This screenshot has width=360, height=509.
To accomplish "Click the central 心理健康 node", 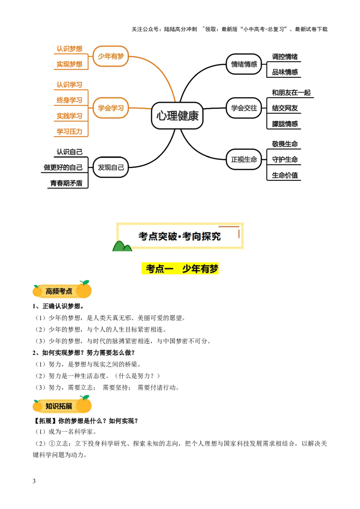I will click(x=177, y=116).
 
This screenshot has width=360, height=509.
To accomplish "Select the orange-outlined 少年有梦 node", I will click(x=111, y=56).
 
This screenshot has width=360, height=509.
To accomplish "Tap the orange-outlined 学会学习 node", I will click(x=111, y=108).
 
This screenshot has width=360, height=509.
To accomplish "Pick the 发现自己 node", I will click(x=111, y=167).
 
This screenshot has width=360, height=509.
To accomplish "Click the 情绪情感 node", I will click(x=244, y=64).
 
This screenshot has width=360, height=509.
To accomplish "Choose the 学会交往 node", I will click(x=244, y=108).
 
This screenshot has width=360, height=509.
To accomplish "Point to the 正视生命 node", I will click(x=244, y=159).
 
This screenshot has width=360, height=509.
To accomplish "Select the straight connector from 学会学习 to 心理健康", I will click(x=140, y=108).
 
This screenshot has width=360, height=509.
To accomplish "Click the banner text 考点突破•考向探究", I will click(x=180, y=236).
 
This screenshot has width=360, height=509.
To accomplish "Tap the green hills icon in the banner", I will click(x=122, y=246).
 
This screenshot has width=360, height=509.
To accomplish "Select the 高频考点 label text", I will click(x=59, y=291).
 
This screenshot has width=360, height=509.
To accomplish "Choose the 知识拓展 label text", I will click(x=59, y=406).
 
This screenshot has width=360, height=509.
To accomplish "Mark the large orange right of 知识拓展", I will click(x=84, y=404).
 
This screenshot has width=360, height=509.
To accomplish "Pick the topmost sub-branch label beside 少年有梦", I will click(x=69, y=49).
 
